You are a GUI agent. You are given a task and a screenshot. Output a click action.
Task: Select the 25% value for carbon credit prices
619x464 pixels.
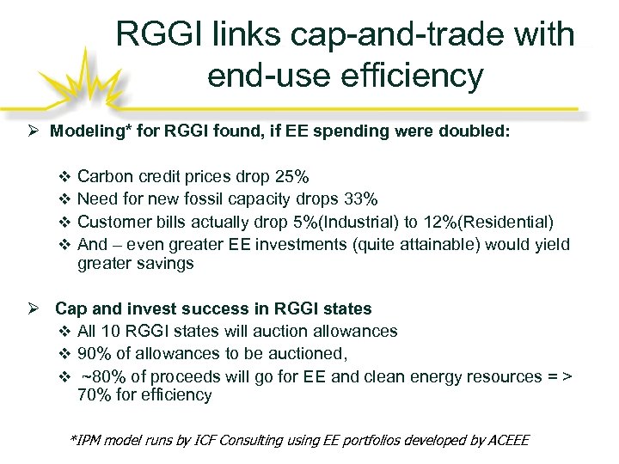(x=292, y=178)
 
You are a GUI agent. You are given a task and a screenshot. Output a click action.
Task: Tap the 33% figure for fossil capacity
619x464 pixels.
(x=359, y=200)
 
